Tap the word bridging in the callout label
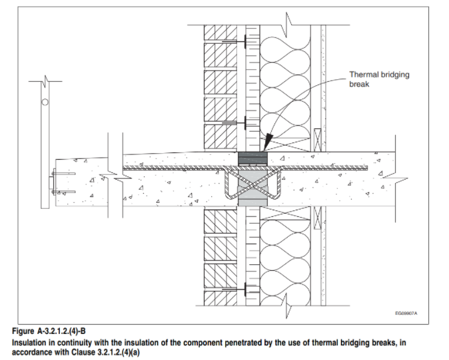coord(395,75)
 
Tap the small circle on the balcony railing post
coord(45,102)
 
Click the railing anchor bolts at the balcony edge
coord(55,180)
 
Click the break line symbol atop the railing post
coord(45,81)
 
